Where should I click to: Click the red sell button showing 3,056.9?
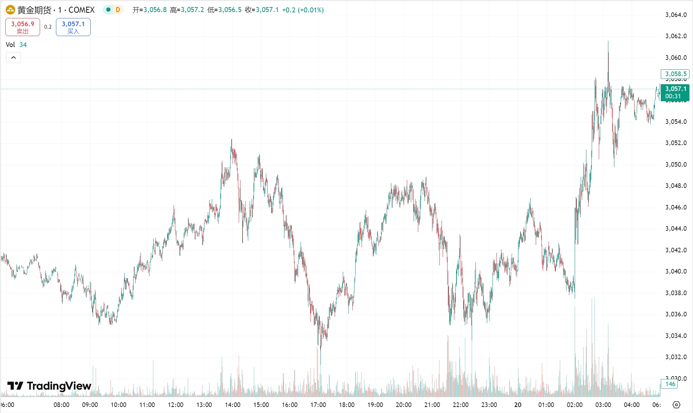point(23,27)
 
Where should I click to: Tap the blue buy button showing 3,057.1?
point(73,27)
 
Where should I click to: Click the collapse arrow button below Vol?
point(13,57)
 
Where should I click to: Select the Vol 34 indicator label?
point(16,45)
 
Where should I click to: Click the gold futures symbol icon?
point(10,10)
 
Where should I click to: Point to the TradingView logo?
point(49,386)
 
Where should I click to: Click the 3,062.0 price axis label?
point(676,36)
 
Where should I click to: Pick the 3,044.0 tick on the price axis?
point(676,229)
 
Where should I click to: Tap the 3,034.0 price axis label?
point(676,335)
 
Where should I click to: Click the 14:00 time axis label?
point(233,405)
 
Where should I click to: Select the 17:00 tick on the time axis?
point(318,405)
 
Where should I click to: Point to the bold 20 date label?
point(518,405)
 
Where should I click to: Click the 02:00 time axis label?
point(574,405)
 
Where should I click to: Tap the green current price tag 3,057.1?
point(675,92)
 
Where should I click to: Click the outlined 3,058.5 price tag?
point(675,74)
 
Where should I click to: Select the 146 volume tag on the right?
point(670,384)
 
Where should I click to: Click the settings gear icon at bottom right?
point(676,405)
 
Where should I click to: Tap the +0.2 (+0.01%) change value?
point(303,10)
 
